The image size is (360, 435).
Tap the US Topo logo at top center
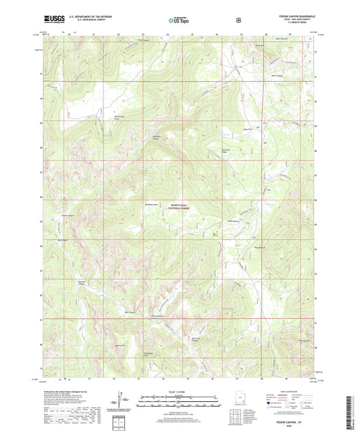click(178, 21)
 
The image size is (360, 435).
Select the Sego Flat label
click(247, 129)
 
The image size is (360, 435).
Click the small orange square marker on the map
click(215, 234)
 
